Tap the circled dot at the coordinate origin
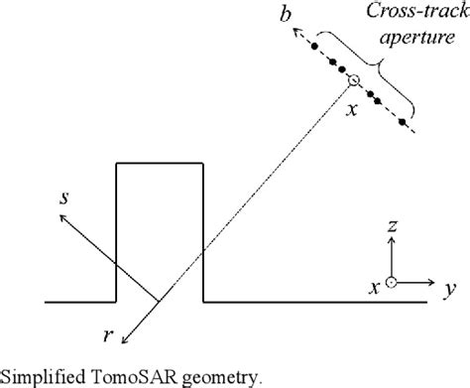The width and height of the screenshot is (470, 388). [393, 283]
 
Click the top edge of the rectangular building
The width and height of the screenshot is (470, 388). [160, 162]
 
